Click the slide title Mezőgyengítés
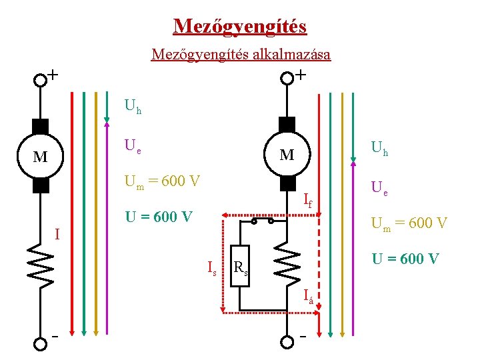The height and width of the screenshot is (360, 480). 240,26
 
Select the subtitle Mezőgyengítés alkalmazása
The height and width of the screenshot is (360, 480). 241,54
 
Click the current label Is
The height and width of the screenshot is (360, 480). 212,268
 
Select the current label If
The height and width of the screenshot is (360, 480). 307,198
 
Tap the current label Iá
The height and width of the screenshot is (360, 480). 307,295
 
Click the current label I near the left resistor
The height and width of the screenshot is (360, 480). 57,234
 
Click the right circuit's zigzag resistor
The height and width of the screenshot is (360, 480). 287,260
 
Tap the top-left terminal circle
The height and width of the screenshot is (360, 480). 41,79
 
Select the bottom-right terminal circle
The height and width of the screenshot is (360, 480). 287,342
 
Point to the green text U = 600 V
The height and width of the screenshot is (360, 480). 405,259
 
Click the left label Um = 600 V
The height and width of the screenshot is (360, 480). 162,181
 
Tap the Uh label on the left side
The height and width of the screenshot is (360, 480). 133,107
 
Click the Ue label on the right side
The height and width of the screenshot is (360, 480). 379,189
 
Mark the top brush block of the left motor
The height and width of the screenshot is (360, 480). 41,126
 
